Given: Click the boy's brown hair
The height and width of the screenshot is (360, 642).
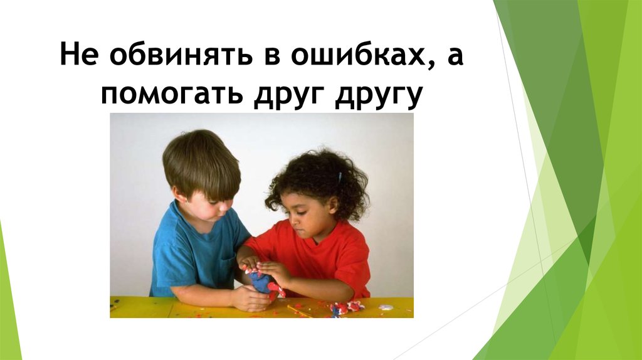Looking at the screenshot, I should [x=199, y=160].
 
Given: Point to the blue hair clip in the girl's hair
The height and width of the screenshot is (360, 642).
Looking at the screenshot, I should [x=340, y=177].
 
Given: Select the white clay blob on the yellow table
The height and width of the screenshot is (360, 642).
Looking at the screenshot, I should [x=386, y=307].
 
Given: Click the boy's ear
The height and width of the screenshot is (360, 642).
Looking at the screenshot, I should [x=180, y=195].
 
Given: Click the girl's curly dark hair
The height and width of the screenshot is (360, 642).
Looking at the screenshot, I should [x=313, y=176].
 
